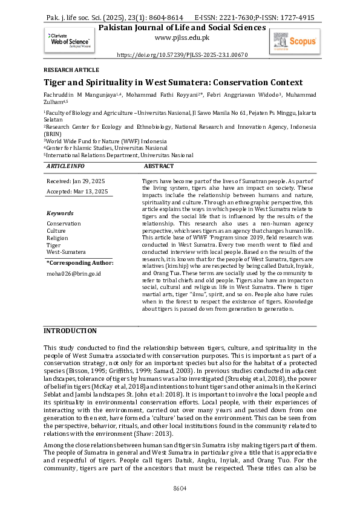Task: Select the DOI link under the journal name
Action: tap(182, 54)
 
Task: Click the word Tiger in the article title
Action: tap(57, 82)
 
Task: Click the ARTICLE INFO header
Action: tap(65, 165)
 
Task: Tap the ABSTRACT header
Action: tap(159, 165)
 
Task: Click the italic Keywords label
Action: tap(60, 213)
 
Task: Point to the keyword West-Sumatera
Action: tap(66, 251)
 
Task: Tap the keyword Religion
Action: tap(58, 238)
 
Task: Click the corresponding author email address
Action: tap(74, 273)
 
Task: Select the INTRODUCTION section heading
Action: tap(70, 331)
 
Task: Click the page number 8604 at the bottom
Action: tap(180, 488)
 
